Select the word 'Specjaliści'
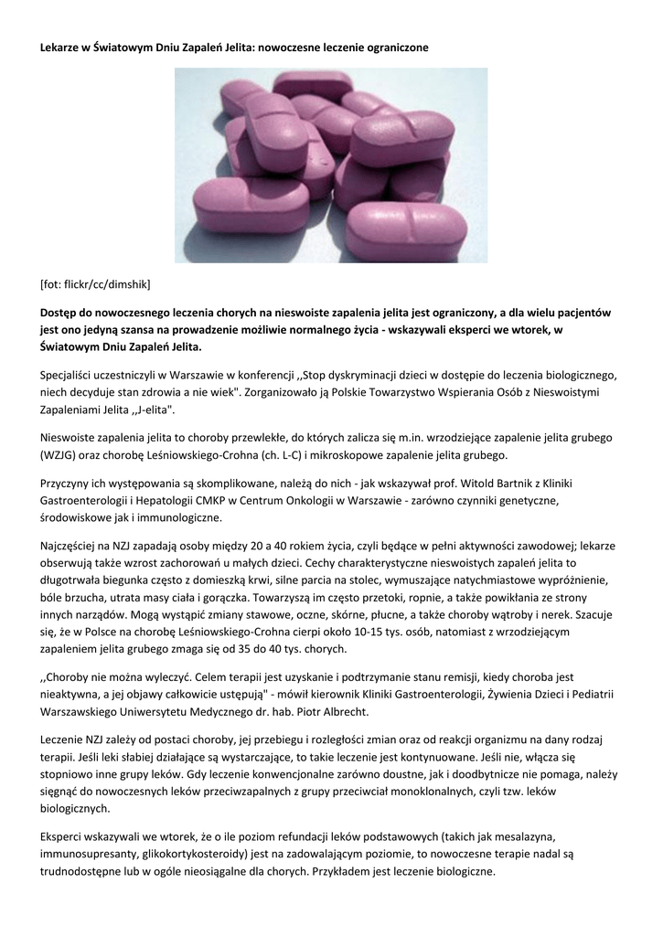pos(70,375)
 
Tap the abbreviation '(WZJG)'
pos(64,454)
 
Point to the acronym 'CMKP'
pos(251,500)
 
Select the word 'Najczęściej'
pos(71,545)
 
